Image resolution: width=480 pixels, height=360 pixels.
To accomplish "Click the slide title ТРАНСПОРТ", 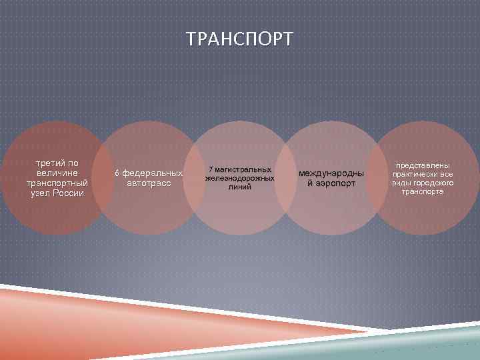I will click(x=239, y=39).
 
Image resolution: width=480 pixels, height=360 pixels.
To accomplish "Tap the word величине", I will click(x=56, y=173).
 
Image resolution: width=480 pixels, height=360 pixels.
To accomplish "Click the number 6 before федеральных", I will click(x=116, y=173).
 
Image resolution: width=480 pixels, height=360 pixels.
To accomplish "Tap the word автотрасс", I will click(x=148, y=183).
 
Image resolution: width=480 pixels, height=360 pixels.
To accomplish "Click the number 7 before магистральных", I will click(x=210, y=170).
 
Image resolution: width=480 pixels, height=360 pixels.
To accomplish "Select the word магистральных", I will click(x=243, y=170).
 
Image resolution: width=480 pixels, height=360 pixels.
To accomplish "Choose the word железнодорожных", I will click(x=240, y=179).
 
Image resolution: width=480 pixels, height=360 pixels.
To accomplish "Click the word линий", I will click(x=240, y=187).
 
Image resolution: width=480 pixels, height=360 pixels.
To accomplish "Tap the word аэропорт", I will click(x=335, y=183).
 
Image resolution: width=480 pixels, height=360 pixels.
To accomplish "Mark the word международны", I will click(x=331, y=173).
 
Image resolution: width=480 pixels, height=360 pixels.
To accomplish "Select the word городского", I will click(x=436, y=183).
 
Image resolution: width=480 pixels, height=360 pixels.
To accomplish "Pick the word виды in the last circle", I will click(x=401, y=183).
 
